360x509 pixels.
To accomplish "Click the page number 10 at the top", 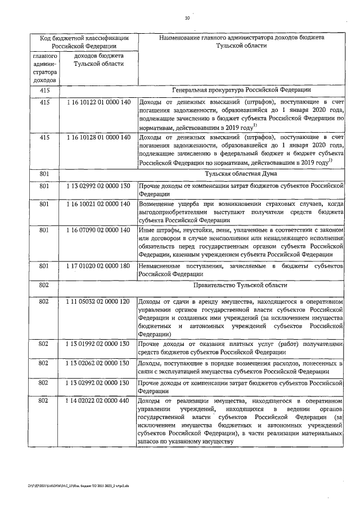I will (187, 18).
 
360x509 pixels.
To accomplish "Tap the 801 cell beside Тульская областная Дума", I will (44, 174).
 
